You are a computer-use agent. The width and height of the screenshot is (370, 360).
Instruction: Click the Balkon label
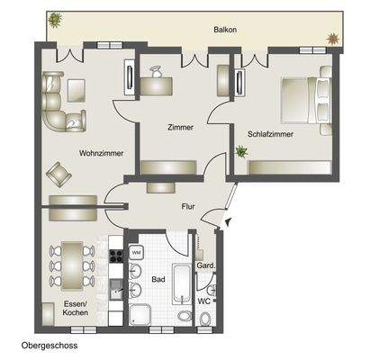(225, 30)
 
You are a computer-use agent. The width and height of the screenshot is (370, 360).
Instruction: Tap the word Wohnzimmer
(95, 152)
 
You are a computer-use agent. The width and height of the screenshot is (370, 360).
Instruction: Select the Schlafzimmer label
(269, 135)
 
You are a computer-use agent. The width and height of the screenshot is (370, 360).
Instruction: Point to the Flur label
(188, 206)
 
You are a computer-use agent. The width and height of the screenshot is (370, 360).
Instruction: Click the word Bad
(158, 280)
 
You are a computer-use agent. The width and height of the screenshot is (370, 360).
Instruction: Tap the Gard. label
(205, 266)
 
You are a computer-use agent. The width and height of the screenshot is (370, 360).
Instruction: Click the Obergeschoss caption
(51, 346)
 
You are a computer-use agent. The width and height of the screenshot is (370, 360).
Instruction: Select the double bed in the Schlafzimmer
(305, 101)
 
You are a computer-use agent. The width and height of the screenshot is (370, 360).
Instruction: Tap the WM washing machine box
(137, 253)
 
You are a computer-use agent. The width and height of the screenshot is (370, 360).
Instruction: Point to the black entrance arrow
(227, 221)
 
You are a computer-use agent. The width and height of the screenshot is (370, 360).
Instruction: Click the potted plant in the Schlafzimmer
(241, 152)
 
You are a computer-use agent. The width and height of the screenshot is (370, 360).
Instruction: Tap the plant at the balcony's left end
(57, 19)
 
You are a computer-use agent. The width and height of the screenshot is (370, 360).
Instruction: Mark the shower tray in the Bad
(140, 314)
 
